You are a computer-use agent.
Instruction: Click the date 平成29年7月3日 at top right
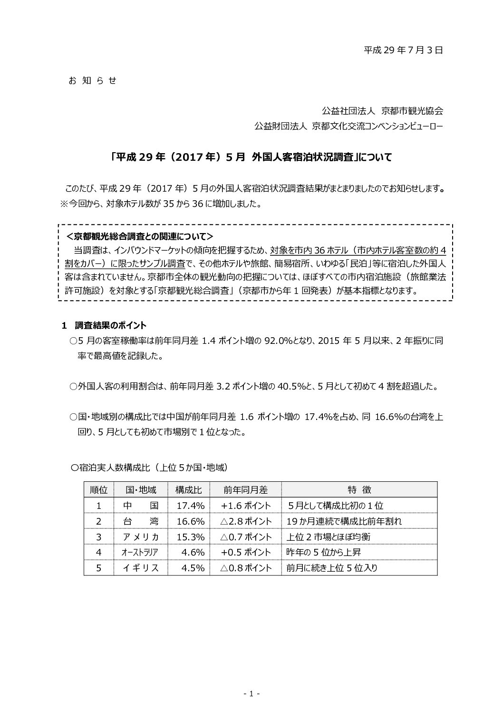point(403,50)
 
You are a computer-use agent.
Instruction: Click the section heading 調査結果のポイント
point(110,325)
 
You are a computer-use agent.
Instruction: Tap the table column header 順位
point(98,489)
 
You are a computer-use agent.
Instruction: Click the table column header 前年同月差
point(245,489)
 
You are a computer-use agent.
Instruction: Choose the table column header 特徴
point(359,489)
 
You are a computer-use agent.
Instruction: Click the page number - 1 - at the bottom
point(251,694)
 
